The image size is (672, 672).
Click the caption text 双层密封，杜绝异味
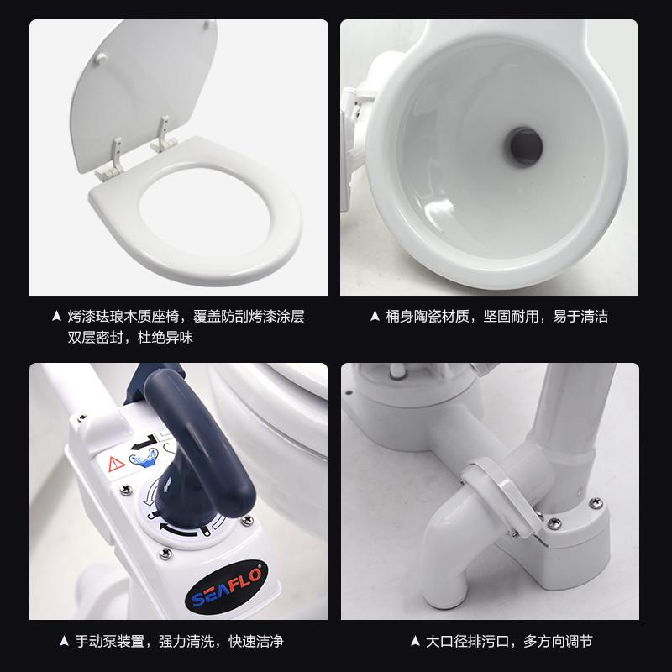130,338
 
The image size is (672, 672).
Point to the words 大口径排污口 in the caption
470,641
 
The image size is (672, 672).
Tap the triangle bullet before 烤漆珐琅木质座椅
56,317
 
